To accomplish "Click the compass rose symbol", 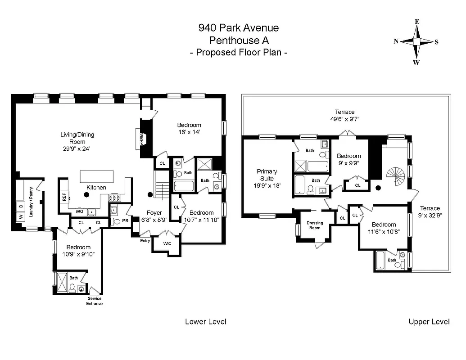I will click(x=417, y=42).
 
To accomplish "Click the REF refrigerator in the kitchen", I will click(x=64, y=197).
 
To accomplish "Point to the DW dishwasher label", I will click(x=78, y=211).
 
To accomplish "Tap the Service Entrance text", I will click(x=95, y=301).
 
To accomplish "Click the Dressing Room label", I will click(x=315, y=225).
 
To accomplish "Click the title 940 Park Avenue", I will click(x=239, y=28).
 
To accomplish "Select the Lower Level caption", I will click(x=206, y=321).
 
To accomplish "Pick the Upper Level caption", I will click(x=429, y=321).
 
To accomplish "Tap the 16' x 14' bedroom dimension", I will click(x=189, y=132).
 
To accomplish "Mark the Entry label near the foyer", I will click(x=145, y=241).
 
